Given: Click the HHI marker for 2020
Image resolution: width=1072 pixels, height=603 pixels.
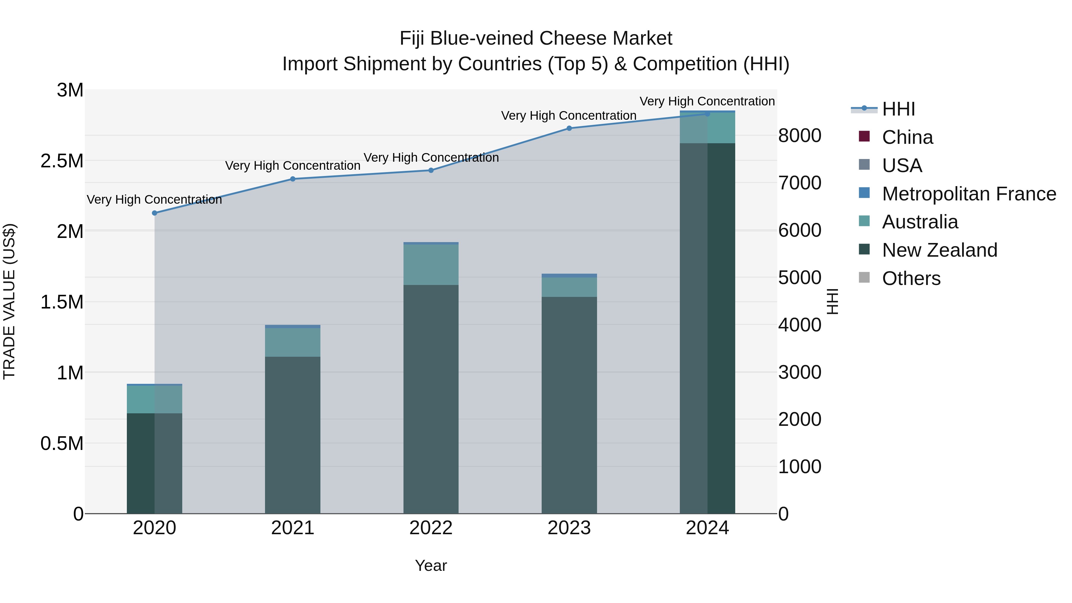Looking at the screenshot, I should click(154, 213).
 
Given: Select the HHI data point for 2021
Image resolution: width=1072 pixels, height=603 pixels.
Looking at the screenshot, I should click(292, 179).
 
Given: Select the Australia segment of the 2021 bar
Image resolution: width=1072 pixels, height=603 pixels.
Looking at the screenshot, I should click(292, 342).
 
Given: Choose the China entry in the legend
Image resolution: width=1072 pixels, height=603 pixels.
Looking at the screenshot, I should click(907, 137).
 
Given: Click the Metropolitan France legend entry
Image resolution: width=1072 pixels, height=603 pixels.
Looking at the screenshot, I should click(969, 194).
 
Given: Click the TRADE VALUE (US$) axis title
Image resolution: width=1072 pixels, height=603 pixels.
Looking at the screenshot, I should click(9, 301).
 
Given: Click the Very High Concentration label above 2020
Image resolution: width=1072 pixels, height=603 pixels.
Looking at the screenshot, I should click(154, 200).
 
